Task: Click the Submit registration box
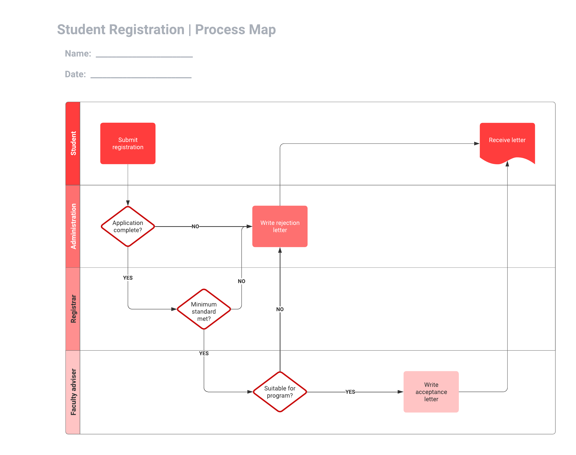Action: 128,143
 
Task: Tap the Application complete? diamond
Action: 128,226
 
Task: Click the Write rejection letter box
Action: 280,226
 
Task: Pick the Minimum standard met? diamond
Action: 204,309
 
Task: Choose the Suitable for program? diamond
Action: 280,392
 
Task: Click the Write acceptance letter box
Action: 431,392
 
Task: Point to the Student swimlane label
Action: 73,143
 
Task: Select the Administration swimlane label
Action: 73,226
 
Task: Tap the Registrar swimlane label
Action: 73,309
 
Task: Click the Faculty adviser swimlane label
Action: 73,392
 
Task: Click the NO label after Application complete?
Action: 195,226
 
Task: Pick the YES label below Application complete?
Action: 128,278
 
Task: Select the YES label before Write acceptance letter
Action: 350,392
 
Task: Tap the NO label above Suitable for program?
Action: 280,309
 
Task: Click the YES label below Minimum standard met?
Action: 204,353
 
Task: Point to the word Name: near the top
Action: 78,54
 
